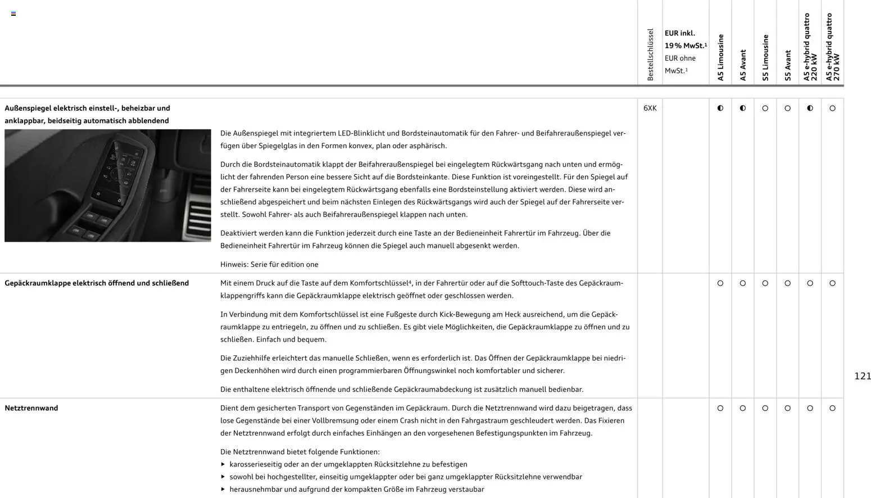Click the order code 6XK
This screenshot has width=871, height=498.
pos(650,108)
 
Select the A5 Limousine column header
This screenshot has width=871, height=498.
pos(720,57)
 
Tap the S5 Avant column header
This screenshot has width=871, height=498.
pos(788,65)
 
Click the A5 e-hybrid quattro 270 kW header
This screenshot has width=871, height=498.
pos(832,47)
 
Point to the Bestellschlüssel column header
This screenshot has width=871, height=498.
pos(650,55)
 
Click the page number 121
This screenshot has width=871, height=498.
pos(862,376)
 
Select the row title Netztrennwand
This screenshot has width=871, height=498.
pos(31,408)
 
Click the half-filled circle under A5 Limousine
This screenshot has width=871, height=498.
pos(720,108)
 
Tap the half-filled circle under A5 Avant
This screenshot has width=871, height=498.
pos(743,108)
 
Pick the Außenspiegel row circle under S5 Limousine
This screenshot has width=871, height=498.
pos(765,108)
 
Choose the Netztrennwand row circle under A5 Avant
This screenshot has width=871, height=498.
pos(743,408)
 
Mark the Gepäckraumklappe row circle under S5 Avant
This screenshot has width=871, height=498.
pos(787,283)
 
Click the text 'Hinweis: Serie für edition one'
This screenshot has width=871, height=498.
pos(269,264)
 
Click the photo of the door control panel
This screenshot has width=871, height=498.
pos(108,185)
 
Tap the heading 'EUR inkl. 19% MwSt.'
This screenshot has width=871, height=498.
pos(686,39)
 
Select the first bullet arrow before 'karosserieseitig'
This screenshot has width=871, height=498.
pos(223,464)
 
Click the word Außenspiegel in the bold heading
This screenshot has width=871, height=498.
pos(28,108)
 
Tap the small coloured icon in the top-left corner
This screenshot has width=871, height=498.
pos(13,13)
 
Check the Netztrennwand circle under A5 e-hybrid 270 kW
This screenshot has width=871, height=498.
pos(832,408)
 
